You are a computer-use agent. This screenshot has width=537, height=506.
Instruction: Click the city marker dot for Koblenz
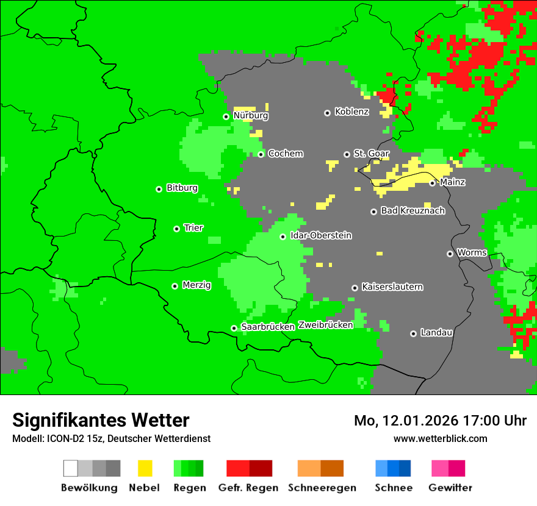click(327, 113)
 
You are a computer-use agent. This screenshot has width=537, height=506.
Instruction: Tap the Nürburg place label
click(250, 115)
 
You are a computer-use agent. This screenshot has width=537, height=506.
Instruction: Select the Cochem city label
click(285, 154)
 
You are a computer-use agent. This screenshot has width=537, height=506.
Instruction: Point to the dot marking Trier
click(176, 229)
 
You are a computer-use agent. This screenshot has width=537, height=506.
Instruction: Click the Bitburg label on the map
click(182, 188)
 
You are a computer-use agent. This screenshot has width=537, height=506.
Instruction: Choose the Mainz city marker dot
click(432, 183)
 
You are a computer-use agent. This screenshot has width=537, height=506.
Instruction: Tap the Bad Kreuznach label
click(413, 211)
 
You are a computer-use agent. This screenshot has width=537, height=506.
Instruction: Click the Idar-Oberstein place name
click(320, 236)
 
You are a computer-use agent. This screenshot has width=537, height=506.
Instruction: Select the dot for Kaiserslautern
click(355, 288)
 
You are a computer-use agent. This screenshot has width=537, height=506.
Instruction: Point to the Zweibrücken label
click(325, 325)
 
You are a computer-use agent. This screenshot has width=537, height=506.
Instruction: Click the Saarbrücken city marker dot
click(234, 328)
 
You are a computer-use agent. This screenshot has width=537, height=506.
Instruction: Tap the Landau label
click(436, 333)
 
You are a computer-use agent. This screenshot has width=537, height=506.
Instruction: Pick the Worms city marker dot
click(450, 254)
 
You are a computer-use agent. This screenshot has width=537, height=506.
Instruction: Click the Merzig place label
click(196, 285)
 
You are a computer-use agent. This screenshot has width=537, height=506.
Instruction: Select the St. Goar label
click(371, 154)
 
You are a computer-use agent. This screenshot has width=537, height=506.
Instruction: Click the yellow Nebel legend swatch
click(145, 468)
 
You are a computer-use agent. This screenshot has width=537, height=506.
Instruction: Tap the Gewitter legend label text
click(450, 488)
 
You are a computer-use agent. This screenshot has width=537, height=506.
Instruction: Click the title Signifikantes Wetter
click(101, 420)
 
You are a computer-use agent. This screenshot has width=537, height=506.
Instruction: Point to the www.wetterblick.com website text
click(440, 438)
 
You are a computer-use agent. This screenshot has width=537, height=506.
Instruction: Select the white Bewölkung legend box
click(71, 468)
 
